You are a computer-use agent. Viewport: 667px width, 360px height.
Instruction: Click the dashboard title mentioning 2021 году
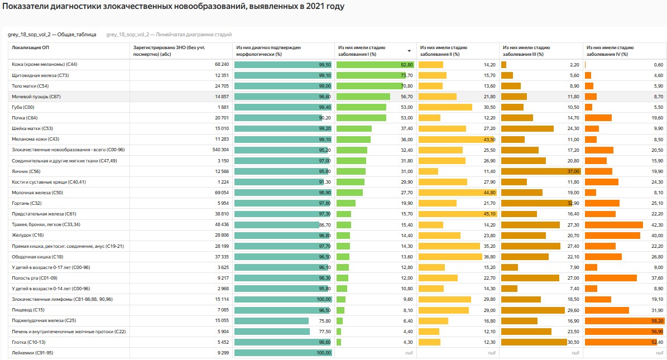(x=174, y=7)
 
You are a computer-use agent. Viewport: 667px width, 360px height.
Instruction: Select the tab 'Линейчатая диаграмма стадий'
(x=169, y=35)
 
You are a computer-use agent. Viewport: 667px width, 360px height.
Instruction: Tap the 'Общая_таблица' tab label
(x=52, y=35)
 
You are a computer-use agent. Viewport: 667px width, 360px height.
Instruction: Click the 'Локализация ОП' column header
(x=31, y=48)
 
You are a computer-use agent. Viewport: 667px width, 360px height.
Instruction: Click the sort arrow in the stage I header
(x=409, y=51)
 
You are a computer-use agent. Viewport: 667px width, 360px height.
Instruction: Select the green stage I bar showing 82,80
(x=375, y=65)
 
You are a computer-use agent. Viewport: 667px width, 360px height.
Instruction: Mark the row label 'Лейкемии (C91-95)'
(x=34, y=353)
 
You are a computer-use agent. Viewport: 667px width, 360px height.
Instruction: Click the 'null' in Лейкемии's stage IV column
(x=659, y=353)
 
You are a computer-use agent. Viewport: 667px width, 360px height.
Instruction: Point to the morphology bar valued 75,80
(x=271, y=321)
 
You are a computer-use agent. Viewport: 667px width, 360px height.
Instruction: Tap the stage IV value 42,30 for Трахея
(x=657, y=224)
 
